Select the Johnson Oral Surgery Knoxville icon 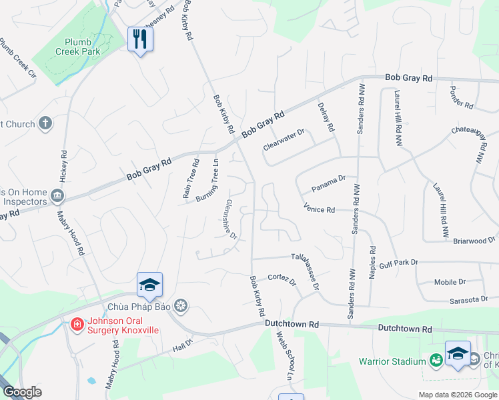tap(77, 325)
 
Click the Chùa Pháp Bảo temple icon tap(180, 307)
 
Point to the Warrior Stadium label tap(392, 361)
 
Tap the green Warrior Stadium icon tap(436, 360)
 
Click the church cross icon tap(45, 123)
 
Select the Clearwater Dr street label tap(284, 137)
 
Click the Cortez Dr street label tap(282, 280)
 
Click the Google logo tap(22, 392)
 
